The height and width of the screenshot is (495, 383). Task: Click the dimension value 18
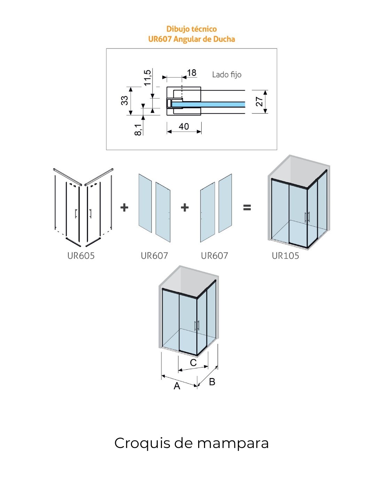tap(191, 73)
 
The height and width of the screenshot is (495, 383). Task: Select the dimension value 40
tap(184, 126)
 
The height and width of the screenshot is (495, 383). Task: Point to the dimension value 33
tap(124, 100)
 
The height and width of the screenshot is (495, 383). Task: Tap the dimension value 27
tap(259, 102)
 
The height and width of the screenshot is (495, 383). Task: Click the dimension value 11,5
tap(147, 77)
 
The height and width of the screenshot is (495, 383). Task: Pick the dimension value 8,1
tap(138, 129)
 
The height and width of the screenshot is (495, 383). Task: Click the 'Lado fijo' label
tap(227, 74)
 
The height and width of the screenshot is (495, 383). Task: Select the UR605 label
tap(81, 256)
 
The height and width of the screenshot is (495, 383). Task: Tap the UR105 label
tap(285, 256)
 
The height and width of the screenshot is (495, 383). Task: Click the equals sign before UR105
tap(247, 207)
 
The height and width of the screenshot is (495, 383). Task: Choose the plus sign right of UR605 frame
tap(124, 207)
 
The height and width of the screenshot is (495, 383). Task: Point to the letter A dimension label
tap(177, 386)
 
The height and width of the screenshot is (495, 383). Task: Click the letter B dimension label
tap(212, 382)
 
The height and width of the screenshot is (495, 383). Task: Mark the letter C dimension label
tap(193, 363)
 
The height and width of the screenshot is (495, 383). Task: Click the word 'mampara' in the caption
tap(233, 443)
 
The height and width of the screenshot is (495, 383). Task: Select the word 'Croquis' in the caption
tap(142, 443)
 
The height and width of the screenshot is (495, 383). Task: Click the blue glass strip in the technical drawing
tap(209, 104)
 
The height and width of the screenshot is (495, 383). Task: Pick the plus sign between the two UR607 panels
tap(185, 207)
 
